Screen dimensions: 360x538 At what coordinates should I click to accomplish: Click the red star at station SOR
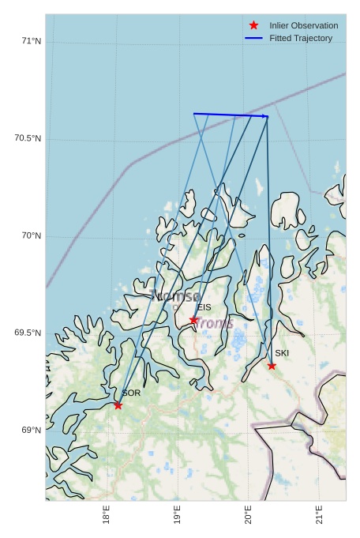[118, 405]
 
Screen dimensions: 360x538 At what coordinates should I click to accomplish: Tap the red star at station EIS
[193, 320]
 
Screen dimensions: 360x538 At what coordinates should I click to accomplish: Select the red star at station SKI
[272, 366]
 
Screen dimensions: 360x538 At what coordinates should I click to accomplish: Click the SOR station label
[131, 393]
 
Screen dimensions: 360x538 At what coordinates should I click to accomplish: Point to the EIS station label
[204, 307]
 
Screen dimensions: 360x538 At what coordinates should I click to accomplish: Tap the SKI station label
[282, 353]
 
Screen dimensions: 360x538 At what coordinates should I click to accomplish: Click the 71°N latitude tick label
[31, 41]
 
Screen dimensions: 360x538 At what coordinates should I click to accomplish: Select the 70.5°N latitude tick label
[28, 139]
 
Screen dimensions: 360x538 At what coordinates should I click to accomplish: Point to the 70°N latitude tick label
[31, 236]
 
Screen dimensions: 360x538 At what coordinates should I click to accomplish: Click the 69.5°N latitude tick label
[28, 333]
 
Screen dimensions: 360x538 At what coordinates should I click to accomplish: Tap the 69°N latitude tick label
[31, 431]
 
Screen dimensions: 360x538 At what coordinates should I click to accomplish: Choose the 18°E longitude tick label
[106, 515]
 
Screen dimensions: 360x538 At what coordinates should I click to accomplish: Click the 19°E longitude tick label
[176, 515]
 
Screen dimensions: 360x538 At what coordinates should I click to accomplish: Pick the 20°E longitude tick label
[248, 515]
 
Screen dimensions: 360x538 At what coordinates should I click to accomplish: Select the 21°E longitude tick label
[319, 515]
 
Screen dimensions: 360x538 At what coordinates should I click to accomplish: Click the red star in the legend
[253, 25]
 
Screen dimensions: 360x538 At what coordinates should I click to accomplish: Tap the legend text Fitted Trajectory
[301, 38]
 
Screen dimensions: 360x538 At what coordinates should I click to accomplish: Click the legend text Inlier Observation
[303, 25]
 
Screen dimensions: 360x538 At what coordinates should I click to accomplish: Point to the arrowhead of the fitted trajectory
[265, 116]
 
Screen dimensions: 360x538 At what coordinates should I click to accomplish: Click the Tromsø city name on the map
[175, 297]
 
